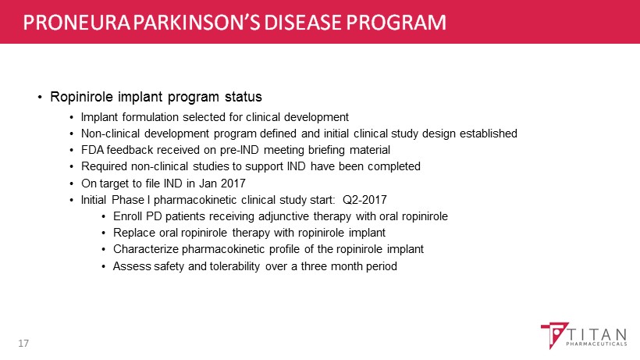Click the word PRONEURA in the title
[76, 23]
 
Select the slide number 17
[23, 344]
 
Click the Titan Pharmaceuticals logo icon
[554, 335]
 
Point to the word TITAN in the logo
[597, 335]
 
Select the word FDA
[93, 150]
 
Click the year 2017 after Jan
[233, 184]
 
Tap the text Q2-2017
[364, 200]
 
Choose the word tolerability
[235, 266]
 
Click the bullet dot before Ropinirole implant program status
[40, 98]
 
